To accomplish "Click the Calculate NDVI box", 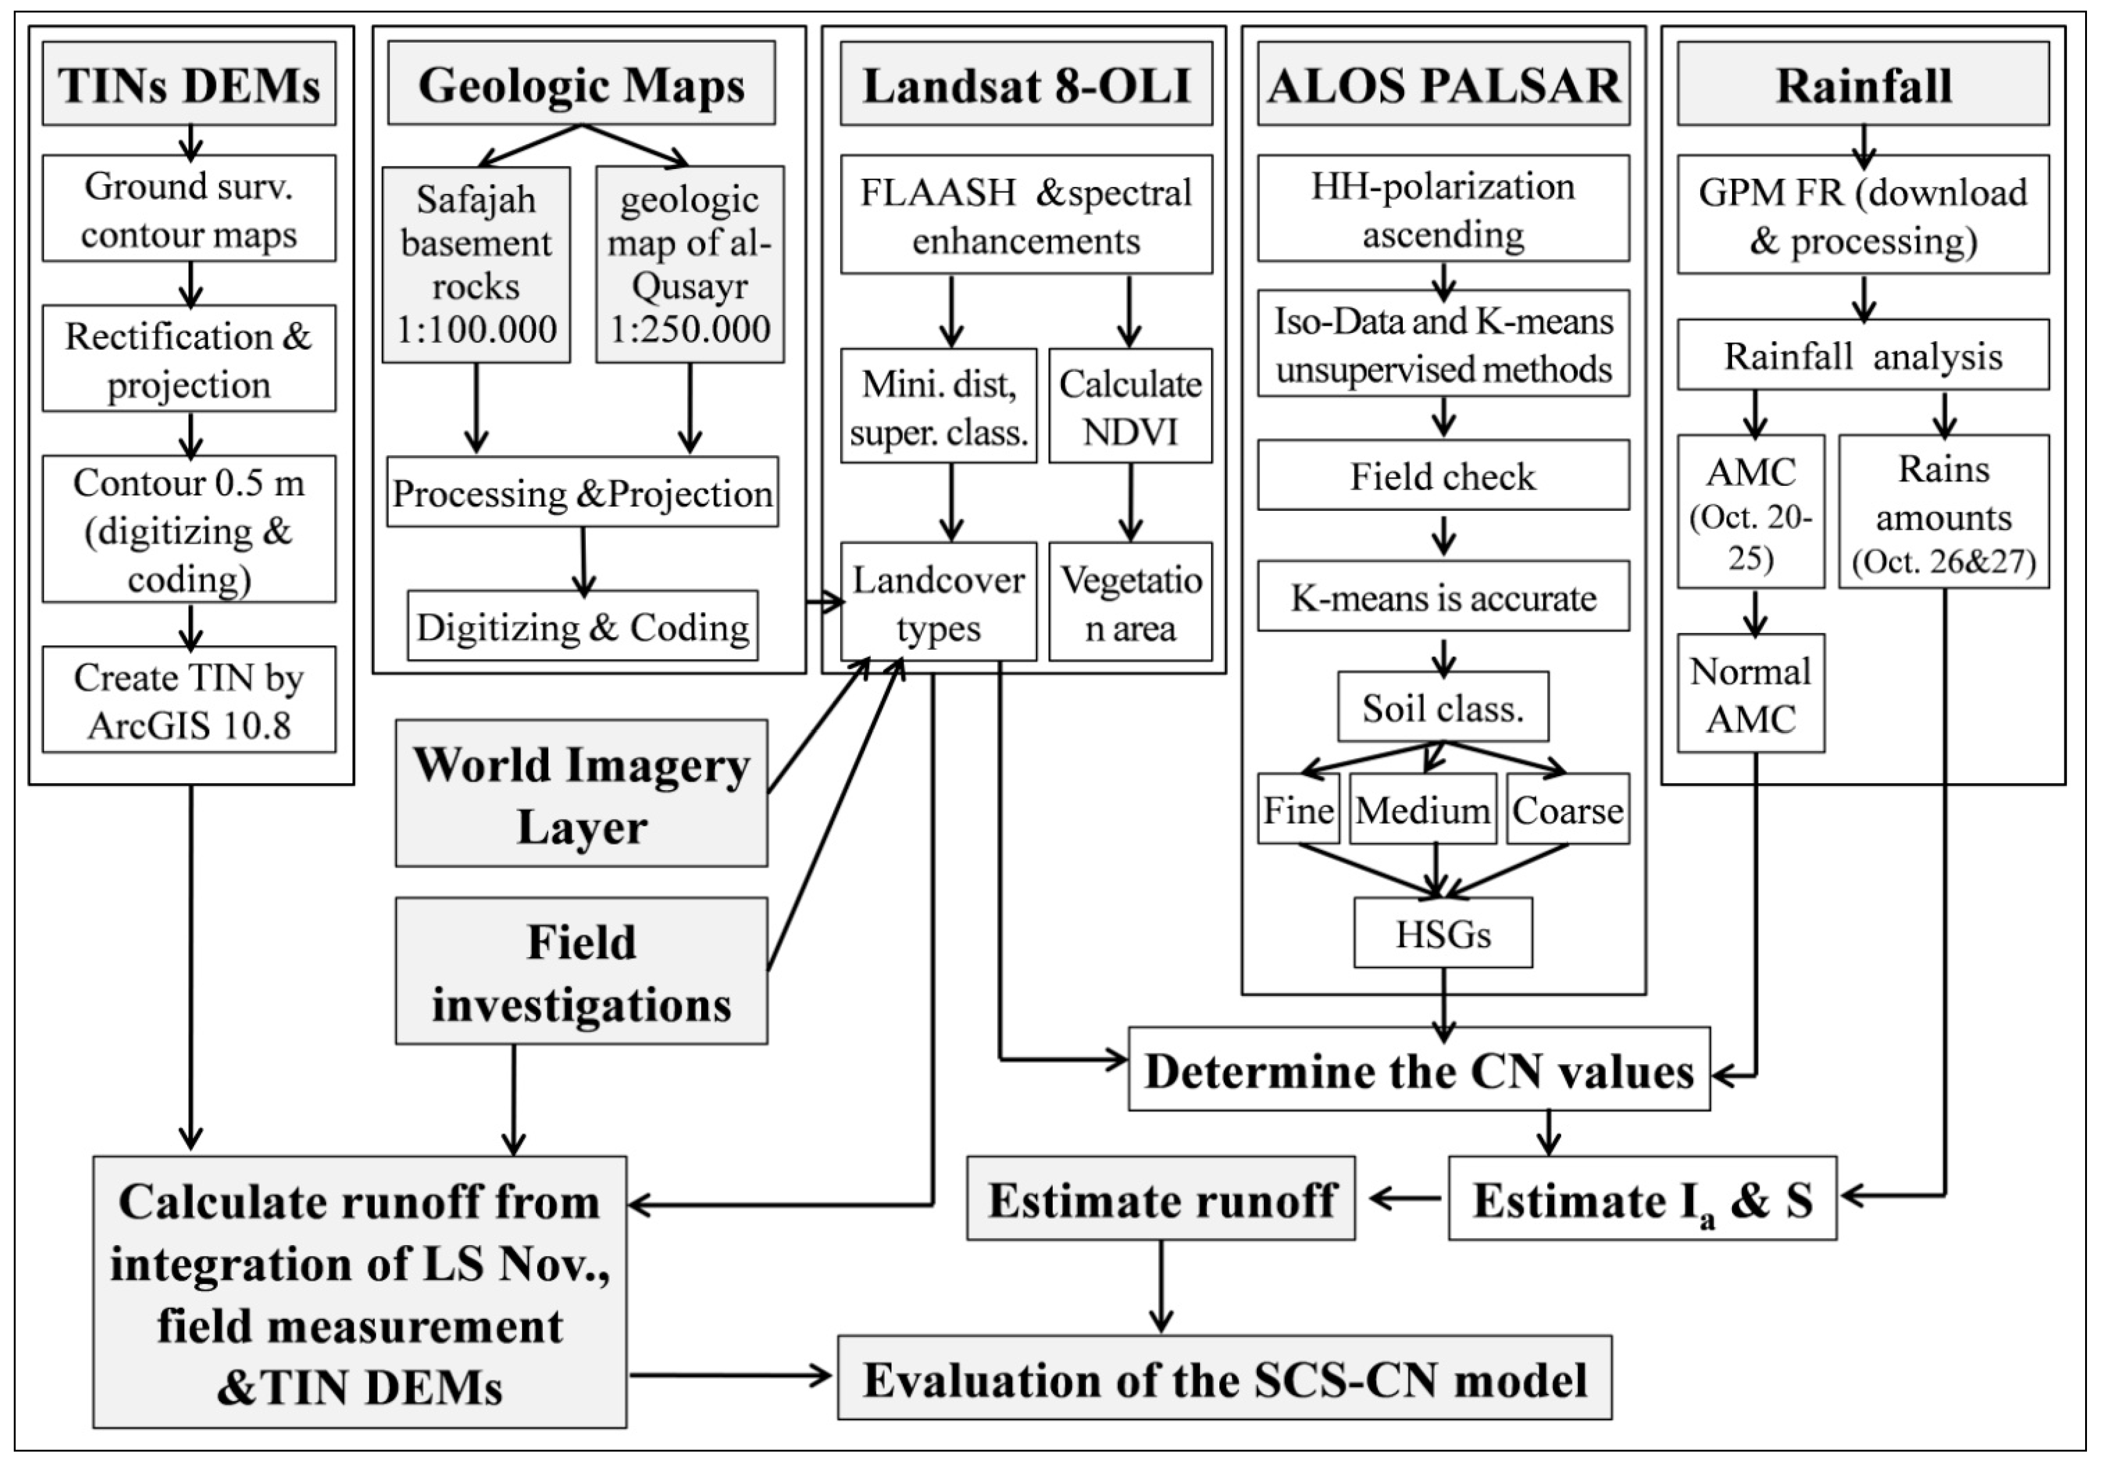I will click(x=1130, y=406).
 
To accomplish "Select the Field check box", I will click(x=1443, y=475).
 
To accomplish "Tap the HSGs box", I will click(x=1443, y=933).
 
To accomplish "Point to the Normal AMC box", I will click(x=1750, y=694).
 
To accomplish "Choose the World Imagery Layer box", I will click(x=582, y=793).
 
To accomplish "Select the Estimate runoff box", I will click(x=1161, y=1199).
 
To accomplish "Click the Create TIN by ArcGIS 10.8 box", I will click(x=188, y=700).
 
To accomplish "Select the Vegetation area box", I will click(x=1130, y=603).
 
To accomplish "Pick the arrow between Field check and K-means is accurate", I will click(x=1443, y=536).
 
